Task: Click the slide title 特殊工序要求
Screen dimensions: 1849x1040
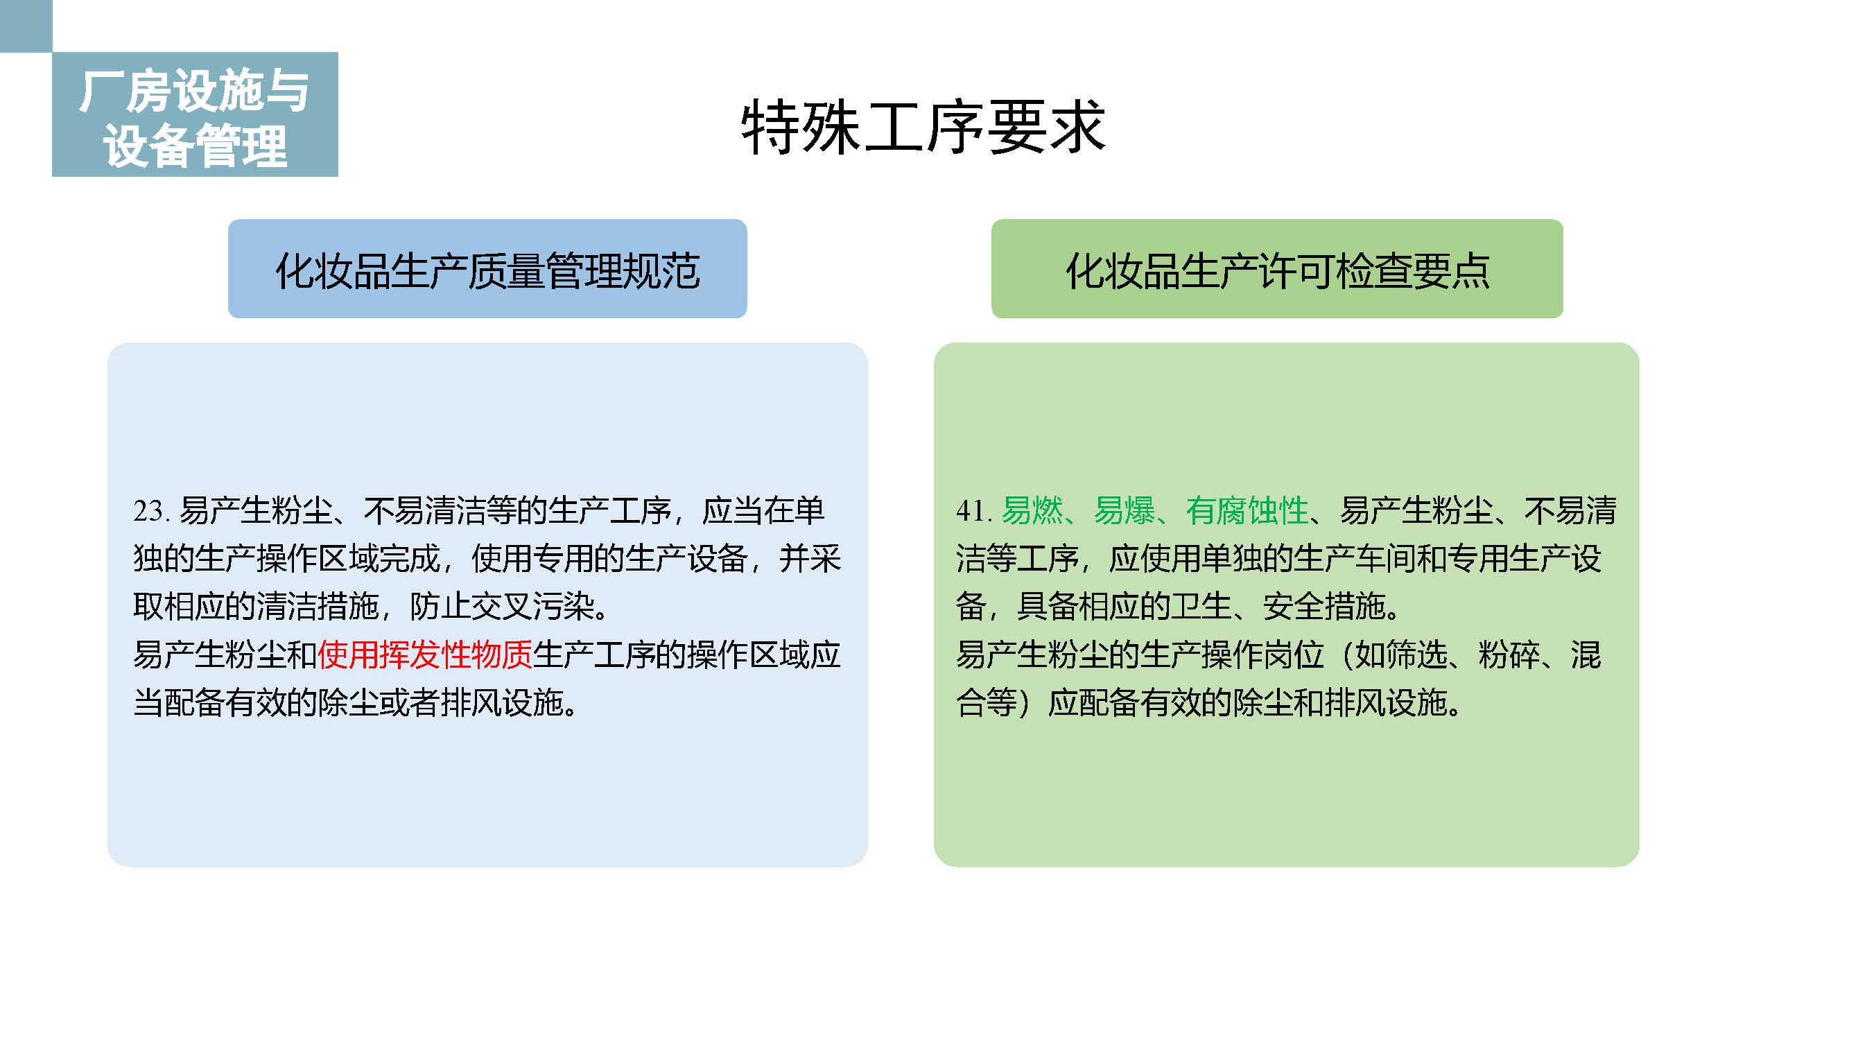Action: coord(923,127)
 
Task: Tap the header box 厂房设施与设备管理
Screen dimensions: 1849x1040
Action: coord(195,114)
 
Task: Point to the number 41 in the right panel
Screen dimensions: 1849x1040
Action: coord(971,511)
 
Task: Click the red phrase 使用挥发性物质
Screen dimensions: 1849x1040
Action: coord(425,655)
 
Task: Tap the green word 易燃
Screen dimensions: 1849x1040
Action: coord(1032,511)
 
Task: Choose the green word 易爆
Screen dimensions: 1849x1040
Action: coord(1124,511)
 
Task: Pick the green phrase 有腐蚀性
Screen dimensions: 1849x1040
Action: coord(1247,511)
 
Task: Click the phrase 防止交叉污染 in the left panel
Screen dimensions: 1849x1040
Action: coord(503,607)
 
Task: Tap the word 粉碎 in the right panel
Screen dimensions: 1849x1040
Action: coord(1509,655)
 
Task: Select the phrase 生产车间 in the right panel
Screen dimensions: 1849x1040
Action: coord(1355,558)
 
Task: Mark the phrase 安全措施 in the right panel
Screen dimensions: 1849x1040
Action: coord(1323,607)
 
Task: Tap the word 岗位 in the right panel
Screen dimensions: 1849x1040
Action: coord(1294,655)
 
